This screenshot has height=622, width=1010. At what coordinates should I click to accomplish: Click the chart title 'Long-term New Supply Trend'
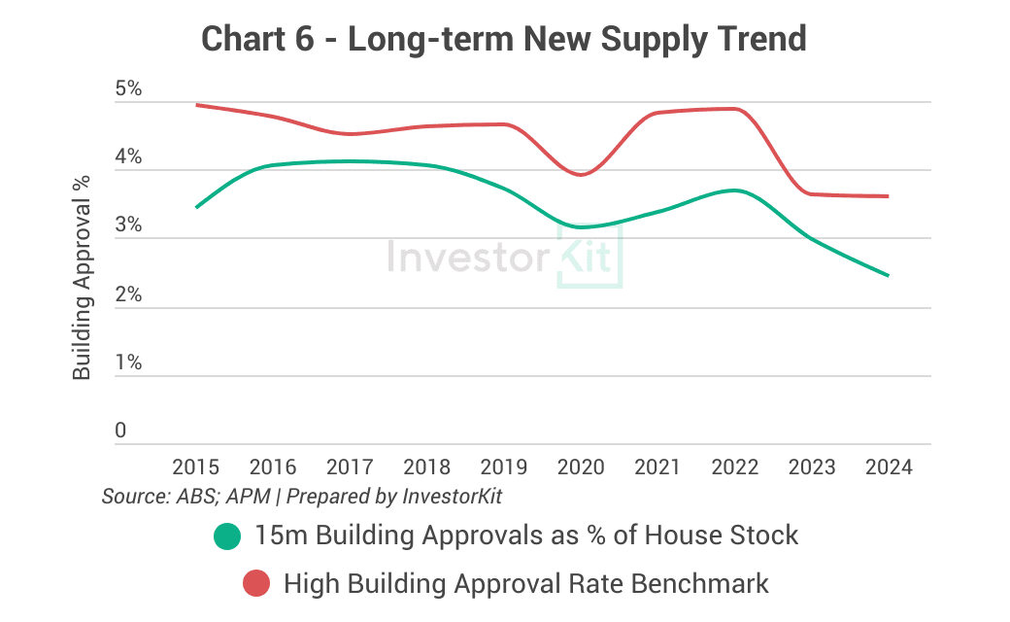[x=504, y=39]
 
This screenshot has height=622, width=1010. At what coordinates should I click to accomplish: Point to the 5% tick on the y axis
[x=128, y=89]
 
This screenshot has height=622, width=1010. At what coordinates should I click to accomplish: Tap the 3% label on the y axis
[x=128, y=226]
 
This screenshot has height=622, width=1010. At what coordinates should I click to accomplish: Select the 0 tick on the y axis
[x=120, y=431]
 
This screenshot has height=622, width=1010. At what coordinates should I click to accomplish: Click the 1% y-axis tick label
[x=128, y=363]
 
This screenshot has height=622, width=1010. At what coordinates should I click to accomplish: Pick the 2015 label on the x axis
[x=195, y=467]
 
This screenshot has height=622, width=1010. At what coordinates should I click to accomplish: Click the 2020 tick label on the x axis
[x=581, y=467]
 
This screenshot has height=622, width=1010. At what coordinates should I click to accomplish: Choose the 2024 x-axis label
[x=889, y=467]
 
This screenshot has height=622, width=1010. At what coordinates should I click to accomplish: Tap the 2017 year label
[x=350, y=467]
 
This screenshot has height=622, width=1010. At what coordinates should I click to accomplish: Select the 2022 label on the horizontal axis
[x=735, y=467]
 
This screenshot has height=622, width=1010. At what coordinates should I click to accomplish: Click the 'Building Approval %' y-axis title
[x=83, y=276]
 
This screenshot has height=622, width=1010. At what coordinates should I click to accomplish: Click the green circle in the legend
[x=226, y=536]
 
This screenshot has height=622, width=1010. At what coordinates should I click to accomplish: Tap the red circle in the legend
[x=255, y=584]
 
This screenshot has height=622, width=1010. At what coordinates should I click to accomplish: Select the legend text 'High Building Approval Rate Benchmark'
[x=526, y=584]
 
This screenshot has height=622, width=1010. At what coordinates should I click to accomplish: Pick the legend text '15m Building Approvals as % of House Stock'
[x=526, y=535]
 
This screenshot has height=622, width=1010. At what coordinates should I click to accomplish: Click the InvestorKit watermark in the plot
[x=504, y=258]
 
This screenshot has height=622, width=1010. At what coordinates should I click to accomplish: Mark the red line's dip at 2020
[x=581, y=175]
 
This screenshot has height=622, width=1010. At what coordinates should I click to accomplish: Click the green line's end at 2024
[x=889, y=276]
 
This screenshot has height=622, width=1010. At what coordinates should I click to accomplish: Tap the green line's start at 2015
[x=196, y=207]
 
